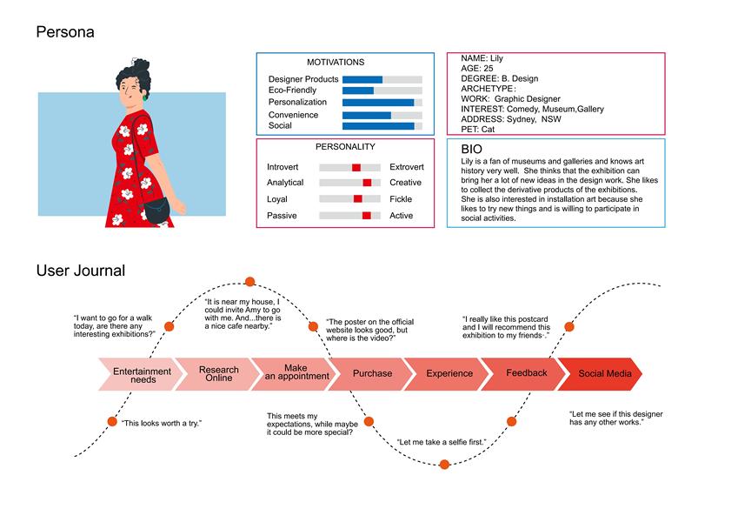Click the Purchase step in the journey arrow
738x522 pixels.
coord(372,373)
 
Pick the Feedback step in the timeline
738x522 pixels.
coord(527,373)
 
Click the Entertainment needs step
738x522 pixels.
coord(142,375)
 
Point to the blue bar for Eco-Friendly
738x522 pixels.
coord(358,90)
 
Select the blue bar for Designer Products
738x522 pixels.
coord(362,79)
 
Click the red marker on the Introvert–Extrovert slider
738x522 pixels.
coord(356,167)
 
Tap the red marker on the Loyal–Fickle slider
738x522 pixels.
coord(357,199)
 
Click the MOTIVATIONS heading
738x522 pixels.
coord(336,63)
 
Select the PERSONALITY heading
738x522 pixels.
coord(345,147)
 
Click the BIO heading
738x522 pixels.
coord(471,150)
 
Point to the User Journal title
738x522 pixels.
coord(80,271)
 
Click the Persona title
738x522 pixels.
coord(65,33)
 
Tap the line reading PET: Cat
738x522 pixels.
coord(478,129)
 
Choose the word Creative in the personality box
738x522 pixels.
coord(405,183)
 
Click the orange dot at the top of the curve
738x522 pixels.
coord(249,281)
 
